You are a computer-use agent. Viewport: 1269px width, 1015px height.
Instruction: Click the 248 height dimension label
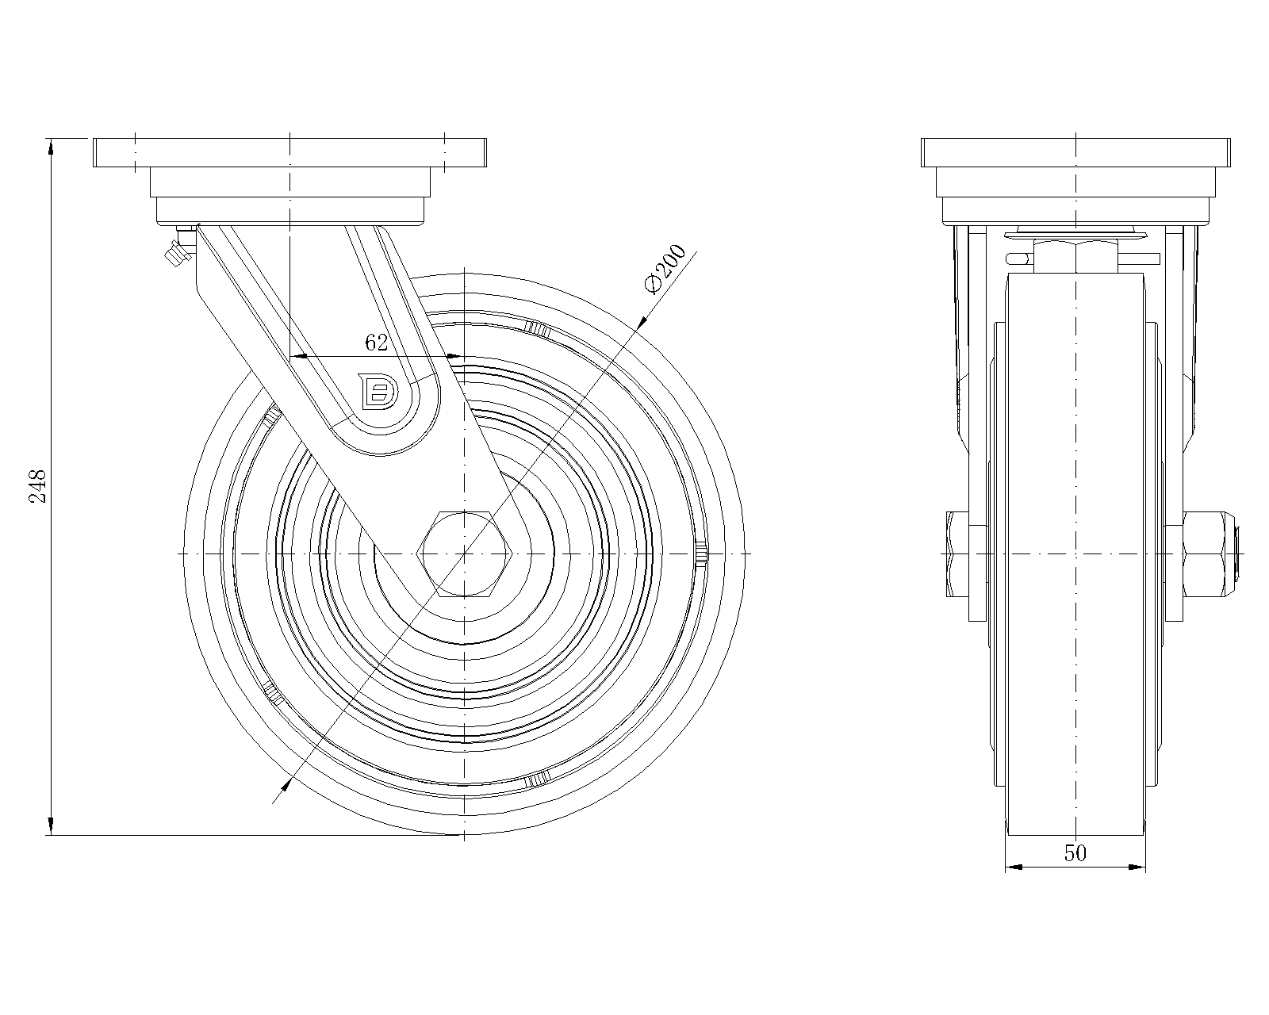[x=38, y=486]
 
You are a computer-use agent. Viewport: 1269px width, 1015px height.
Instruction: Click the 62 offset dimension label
[x=376, y=343]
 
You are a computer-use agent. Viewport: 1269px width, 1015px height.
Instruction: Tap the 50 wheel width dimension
[x=1075, y=853]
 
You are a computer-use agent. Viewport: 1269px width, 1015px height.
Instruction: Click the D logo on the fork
[x=378, y=392]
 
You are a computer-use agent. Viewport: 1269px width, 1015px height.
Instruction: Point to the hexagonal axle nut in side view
[x=464, y=552]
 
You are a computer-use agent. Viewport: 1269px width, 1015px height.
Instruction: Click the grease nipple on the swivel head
[x=174, y=253]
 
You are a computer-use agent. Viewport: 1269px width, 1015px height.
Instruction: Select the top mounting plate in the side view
[x=289, y=152]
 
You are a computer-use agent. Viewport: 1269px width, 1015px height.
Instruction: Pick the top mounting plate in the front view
[x=1075, y=152]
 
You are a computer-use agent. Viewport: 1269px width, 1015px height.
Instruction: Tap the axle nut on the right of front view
[x=1207, y=552]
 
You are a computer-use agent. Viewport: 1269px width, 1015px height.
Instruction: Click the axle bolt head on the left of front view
[x=957, y=553]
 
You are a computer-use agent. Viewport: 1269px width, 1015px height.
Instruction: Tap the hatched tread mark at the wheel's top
[x=537, y=327]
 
